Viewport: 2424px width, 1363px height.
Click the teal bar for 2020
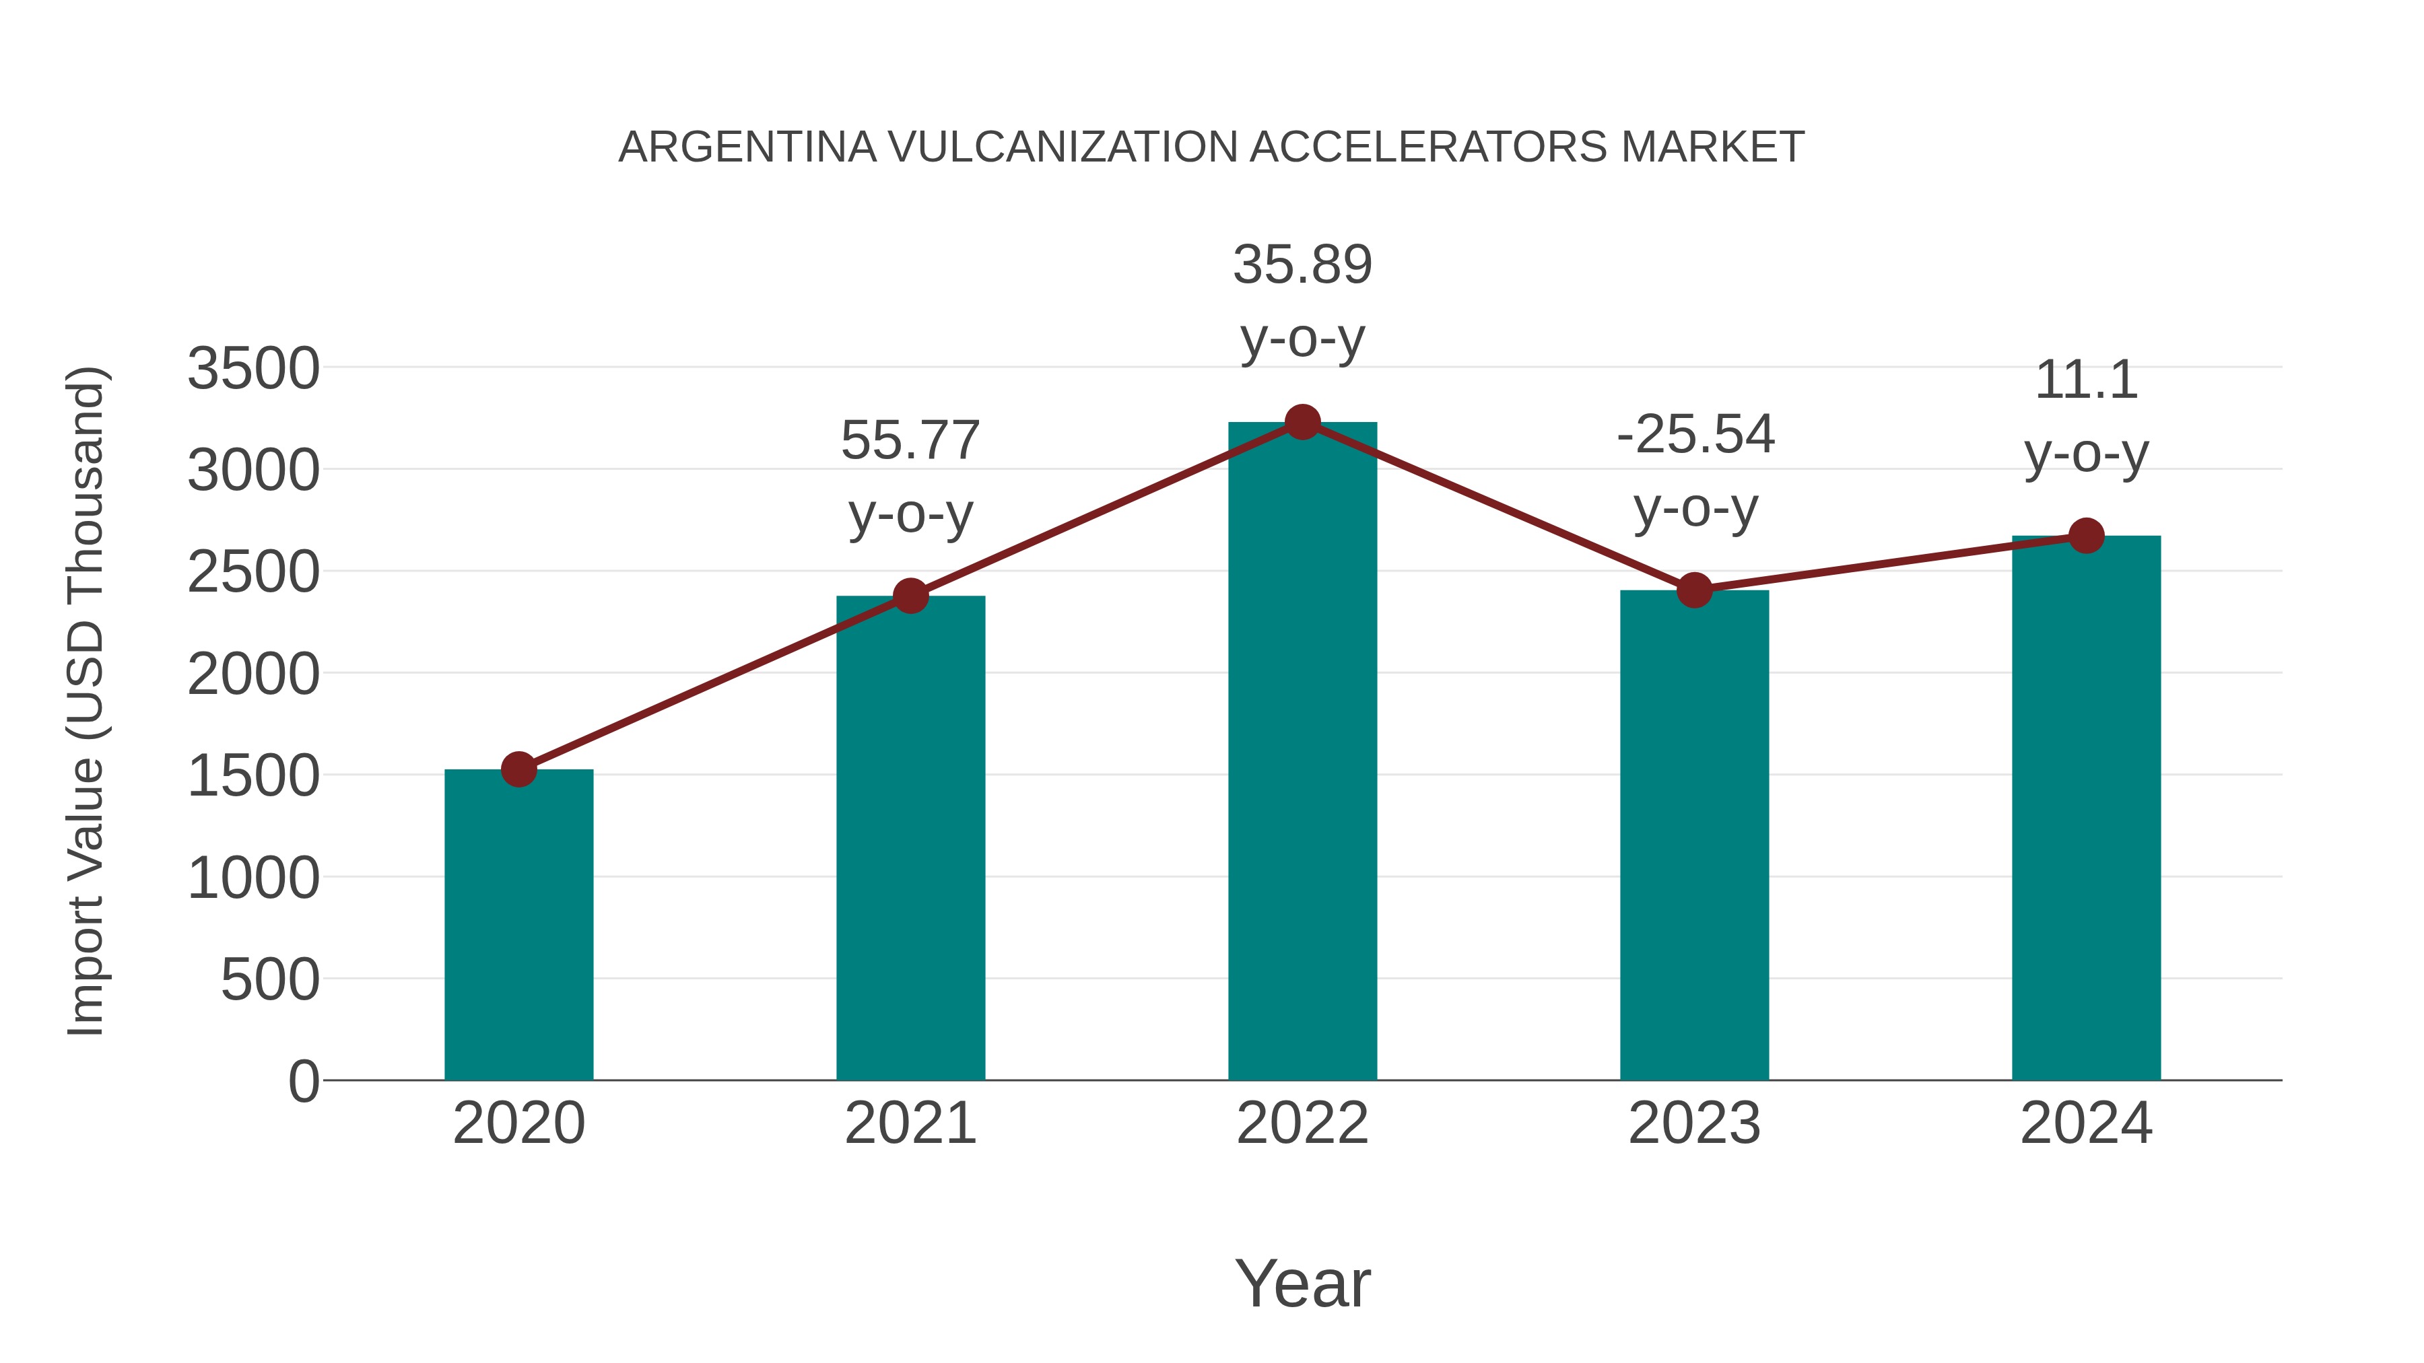(x=518, y=927)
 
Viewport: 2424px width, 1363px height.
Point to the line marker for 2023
(x=1694, y=591)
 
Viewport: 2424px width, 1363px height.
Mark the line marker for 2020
(x=518, y=769)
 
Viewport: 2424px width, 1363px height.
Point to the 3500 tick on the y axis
(x=253, y=369)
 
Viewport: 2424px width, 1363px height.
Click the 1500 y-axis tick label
(x=253, y=777)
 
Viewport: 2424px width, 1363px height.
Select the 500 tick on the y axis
(x=270, y=981)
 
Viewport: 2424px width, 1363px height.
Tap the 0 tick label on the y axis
(x=303, y=1082)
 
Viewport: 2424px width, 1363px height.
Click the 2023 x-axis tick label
(x=1694, y=1123)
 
